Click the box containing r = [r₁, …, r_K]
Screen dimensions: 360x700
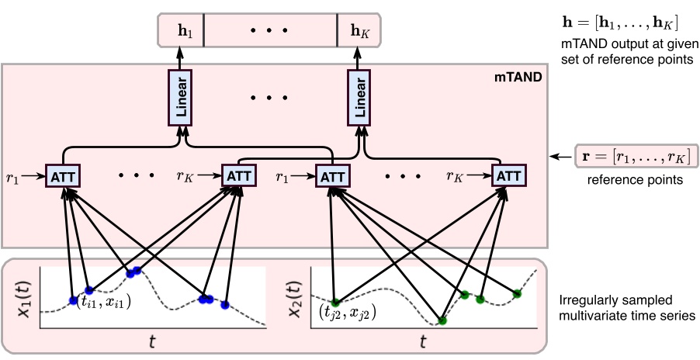636,157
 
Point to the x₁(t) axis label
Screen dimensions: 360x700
22,296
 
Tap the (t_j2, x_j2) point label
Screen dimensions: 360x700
347,312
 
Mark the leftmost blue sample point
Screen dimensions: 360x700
73,300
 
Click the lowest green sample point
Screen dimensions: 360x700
442,320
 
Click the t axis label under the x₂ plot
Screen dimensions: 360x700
422,341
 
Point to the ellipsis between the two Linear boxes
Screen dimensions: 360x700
269,99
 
